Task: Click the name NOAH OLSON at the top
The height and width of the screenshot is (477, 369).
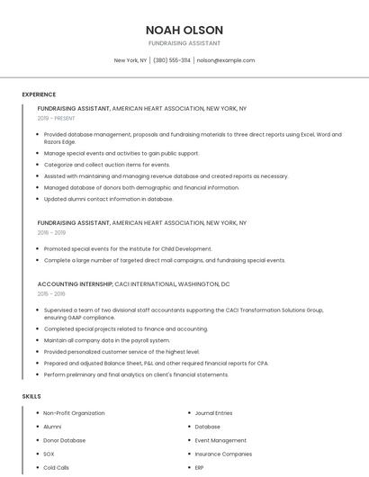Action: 184,30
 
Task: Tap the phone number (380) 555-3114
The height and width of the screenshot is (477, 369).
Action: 172,60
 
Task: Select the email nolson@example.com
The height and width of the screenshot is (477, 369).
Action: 225,60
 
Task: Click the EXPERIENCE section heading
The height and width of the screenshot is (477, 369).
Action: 39,94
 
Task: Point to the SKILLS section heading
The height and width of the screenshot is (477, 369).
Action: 31,396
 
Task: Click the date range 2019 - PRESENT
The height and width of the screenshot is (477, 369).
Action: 57,118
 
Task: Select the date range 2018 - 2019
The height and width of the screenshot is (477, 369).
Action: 51,232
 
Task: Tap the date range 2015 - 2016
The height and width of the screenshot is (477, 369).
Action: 51,293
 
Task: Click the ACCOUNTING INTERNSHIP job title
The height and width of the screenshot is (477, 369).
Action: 75,283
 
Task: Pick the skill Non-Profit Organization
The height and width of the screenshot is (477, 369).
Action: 74,413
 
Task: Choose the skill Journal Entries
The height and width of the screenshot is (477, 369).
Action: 213,413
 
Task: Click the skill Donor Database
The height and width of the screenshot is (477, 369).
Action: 64,440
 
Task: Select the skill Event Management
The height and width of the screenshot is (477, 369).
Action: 220,440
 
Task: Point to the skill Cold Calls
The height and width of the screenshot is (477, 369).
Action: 56,468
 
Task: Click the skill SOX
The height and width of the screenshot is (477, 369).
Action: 49,454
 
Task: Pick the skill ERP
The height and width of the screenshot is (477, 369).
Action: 200,468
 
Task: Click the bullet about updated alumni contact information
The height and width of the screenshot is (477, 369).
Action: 108,199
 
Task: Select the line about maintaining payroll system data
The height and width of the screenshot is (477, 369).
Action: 106,340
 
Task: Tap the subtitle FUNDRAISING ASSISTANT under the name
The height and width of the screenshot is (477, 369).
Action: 184,43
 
